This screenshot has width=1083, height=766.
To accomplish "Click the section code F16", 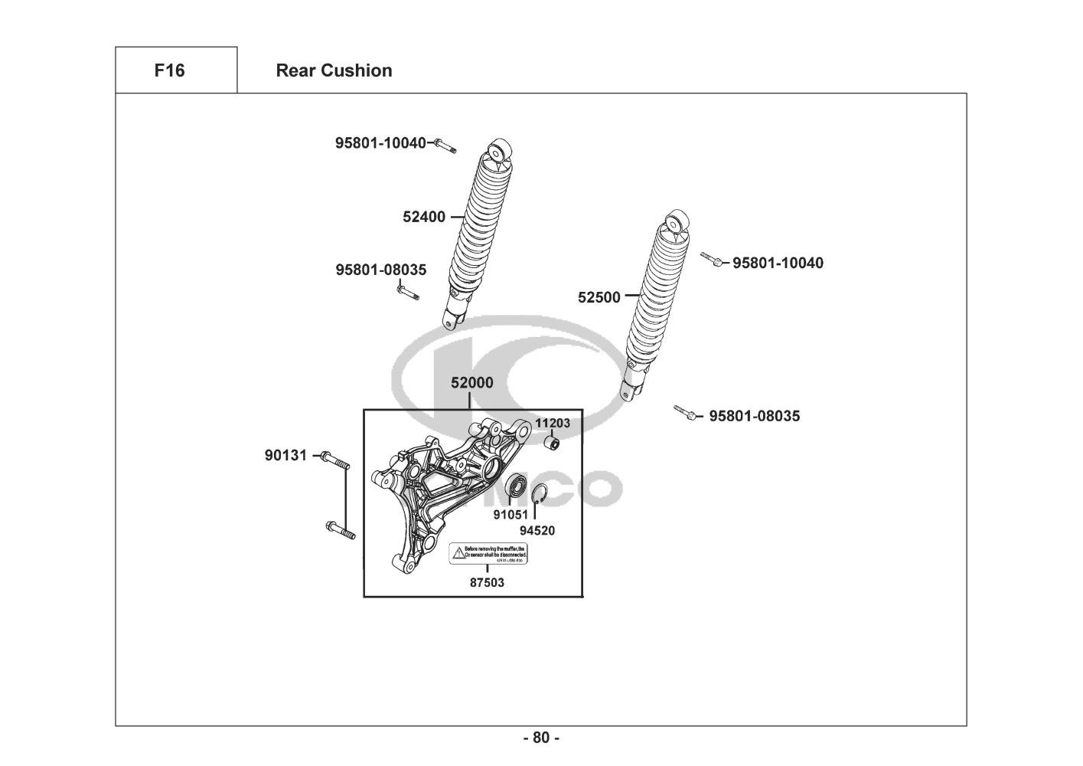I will (x=169, y=70).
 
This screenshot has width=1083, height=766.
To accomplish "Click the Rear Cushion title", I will (x=334, y=70).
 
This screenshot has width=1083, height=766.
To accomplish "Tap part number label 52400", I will (x=424, y=217).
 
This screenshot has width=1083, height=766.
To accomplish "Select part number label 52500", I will (x=599, y=297).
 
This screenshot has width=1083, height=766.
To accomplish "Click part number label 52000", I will (x=471, y=382).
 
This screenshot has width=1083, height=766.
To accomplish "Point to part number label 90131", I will (x=285, y=456).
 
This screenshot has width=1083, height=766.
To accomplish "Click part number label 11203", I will (x=552, y=423).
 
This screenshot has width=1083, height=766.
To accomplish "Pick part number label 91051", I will (x=511, y=515).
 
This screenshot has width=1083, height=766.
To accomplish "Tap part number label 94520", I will (x=537, y=530).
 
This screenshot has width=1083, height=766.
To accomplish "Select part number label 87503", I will (x=488, y=582).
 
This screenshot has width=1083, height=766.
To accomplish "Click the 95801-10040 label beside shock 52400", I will (x=380, y=142).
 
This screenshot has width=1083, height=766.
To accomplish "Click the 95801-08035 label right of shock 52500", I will (x=755, y=416).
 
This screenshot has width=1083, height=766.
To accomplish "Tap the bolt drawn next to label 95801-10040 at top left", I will (x=445, y=145).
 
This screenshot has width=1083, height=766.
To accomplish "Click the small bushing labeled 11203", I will (x=552, y=443).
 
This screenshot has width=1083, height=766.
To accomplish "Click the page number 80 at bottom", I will (x=541, y=738).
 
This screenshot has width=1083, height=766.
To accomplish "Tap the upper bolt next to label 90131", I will (x=333, y=460).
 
